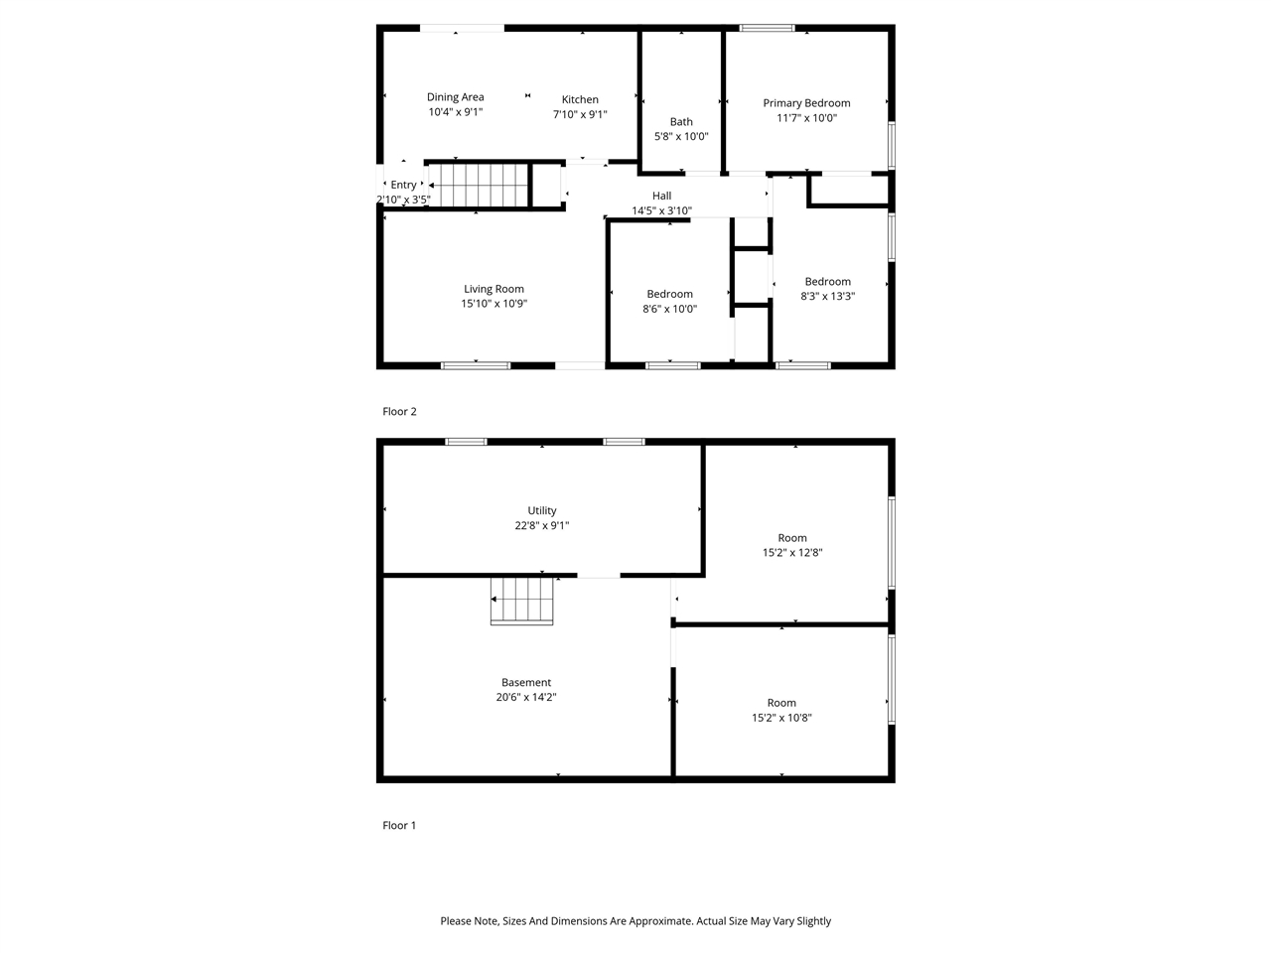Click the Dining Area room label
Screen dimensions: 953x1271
tap(456, 97)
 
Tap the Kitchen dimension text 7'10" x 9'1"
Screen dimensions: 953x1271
tap(580, 114)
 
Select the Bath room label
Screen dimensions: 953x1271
tap(681, 122)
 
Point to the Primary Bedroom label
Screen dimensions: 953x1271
tap(806, 103)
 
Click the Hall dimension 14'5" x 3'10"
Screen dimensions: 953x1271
tap(661, 210)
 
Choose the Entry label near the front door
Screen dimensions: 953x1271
tap(403, 185)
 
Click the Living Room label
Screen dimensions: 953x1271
tap(494, 289)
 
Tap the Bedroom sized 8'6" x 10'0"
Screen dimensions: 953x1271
tap(669, 294)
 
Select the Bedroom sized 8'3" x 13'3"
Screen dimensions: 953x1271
tap(827, 282)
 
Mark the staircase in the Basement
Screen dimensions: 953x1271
tap(521, 602)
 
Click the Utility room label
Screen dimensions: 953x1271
tap(542, 511)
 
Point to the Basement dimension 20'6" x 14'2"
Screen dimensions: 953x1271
tap(526, 697)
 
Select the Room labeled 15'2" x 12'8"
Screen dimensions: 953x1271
tap(792, 538)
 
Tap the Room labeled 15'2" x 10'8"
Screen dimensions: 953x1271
tap(781, 703)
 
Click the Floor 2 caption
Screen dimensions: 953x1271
tap(399, 411)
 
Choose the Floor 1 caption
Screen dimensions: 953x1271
tap(399, 825)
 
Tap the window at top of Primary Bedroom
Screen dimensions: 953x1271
tap(768, 28)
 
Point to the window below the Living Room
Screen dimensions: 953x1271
tap(476, 365)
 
